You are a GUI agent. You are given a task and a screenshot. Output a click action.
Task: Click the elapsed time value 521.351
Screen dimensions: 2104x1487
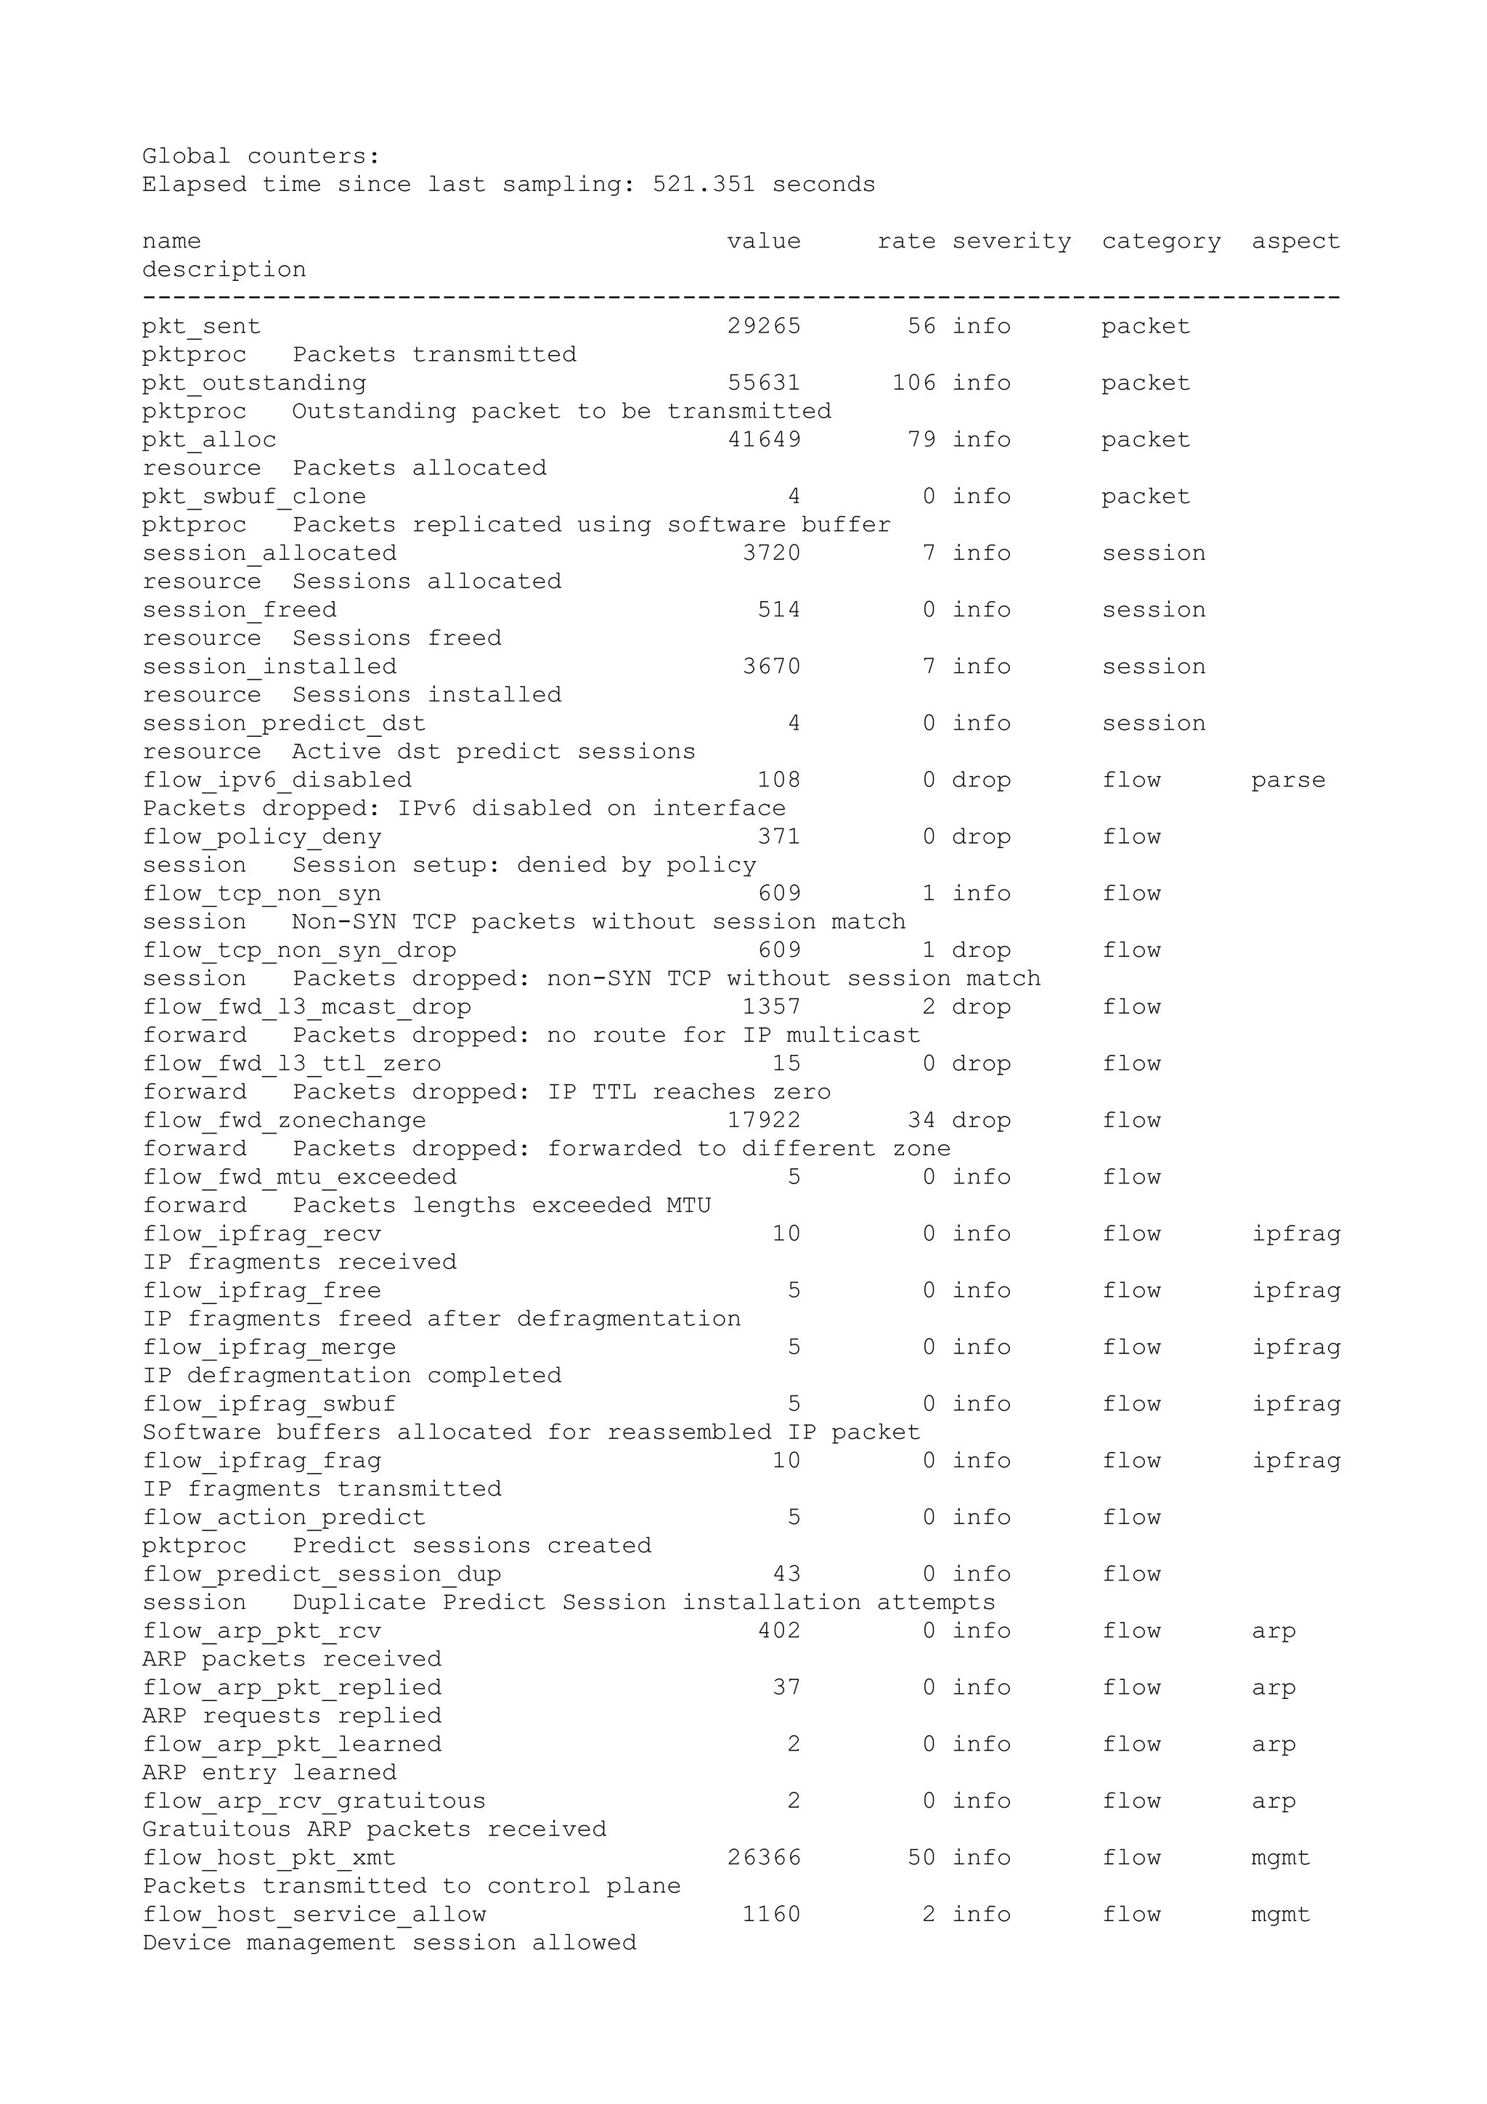(x=704, y=184)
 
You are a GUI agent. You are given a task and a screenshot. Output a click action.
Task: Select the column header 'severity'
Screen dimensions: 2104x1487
(x=1011, y=241)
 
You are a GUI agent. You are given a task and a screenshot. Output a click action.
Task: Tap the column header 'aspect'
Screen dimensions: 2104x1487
(x=1295, y=241)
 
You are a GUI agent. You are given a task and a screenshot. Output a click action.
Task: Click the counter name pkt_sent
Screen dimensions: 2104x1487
(x=202, y=326)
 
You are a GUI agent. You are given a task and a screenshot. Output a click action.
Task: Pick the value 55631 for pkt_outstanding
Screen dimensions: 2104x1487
(x=764, y=383)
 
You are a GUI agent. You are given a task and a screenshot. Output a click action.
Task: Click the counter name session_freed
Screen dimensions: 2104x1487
(x=239, y=611)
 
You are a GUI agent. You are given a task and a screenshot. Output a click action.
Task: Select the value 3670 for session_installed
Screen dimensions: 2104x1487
(x=771, y=667)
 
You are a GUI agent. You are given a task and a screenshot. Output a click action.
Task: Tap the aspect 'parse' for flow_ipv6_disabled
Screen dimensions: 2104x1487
(x=1288, y=780)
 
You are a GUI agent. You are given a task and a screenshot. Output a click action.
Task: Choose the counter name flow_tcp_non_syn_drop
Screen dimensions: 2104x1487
(x=298, y=950)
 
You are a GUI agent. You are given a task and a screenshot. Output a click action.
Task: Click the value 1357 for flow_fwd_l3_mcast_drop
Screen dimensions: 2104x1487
(x=771, y=1007)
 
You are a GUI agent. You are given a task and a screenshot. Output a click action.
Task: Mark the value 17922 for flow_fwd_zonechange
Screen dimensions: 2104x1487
(x=764, y=1121)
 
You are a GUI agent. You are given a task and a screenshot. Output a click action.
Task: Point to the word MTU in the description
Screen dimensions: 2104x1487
(x=688, y=1206)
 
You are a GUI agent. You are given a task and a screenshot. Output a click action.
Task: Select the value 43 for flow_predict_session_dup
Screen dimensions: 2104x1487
(x=786, y=1574)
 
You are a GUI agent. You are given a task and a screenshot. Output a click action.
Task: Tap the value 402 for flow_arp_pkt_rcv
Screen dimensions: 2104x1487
(x=779, y=1631)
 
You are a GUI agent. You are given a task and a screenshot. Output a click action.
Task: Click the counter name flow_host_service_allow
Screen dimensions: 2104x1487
(x=314, y=1915)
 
